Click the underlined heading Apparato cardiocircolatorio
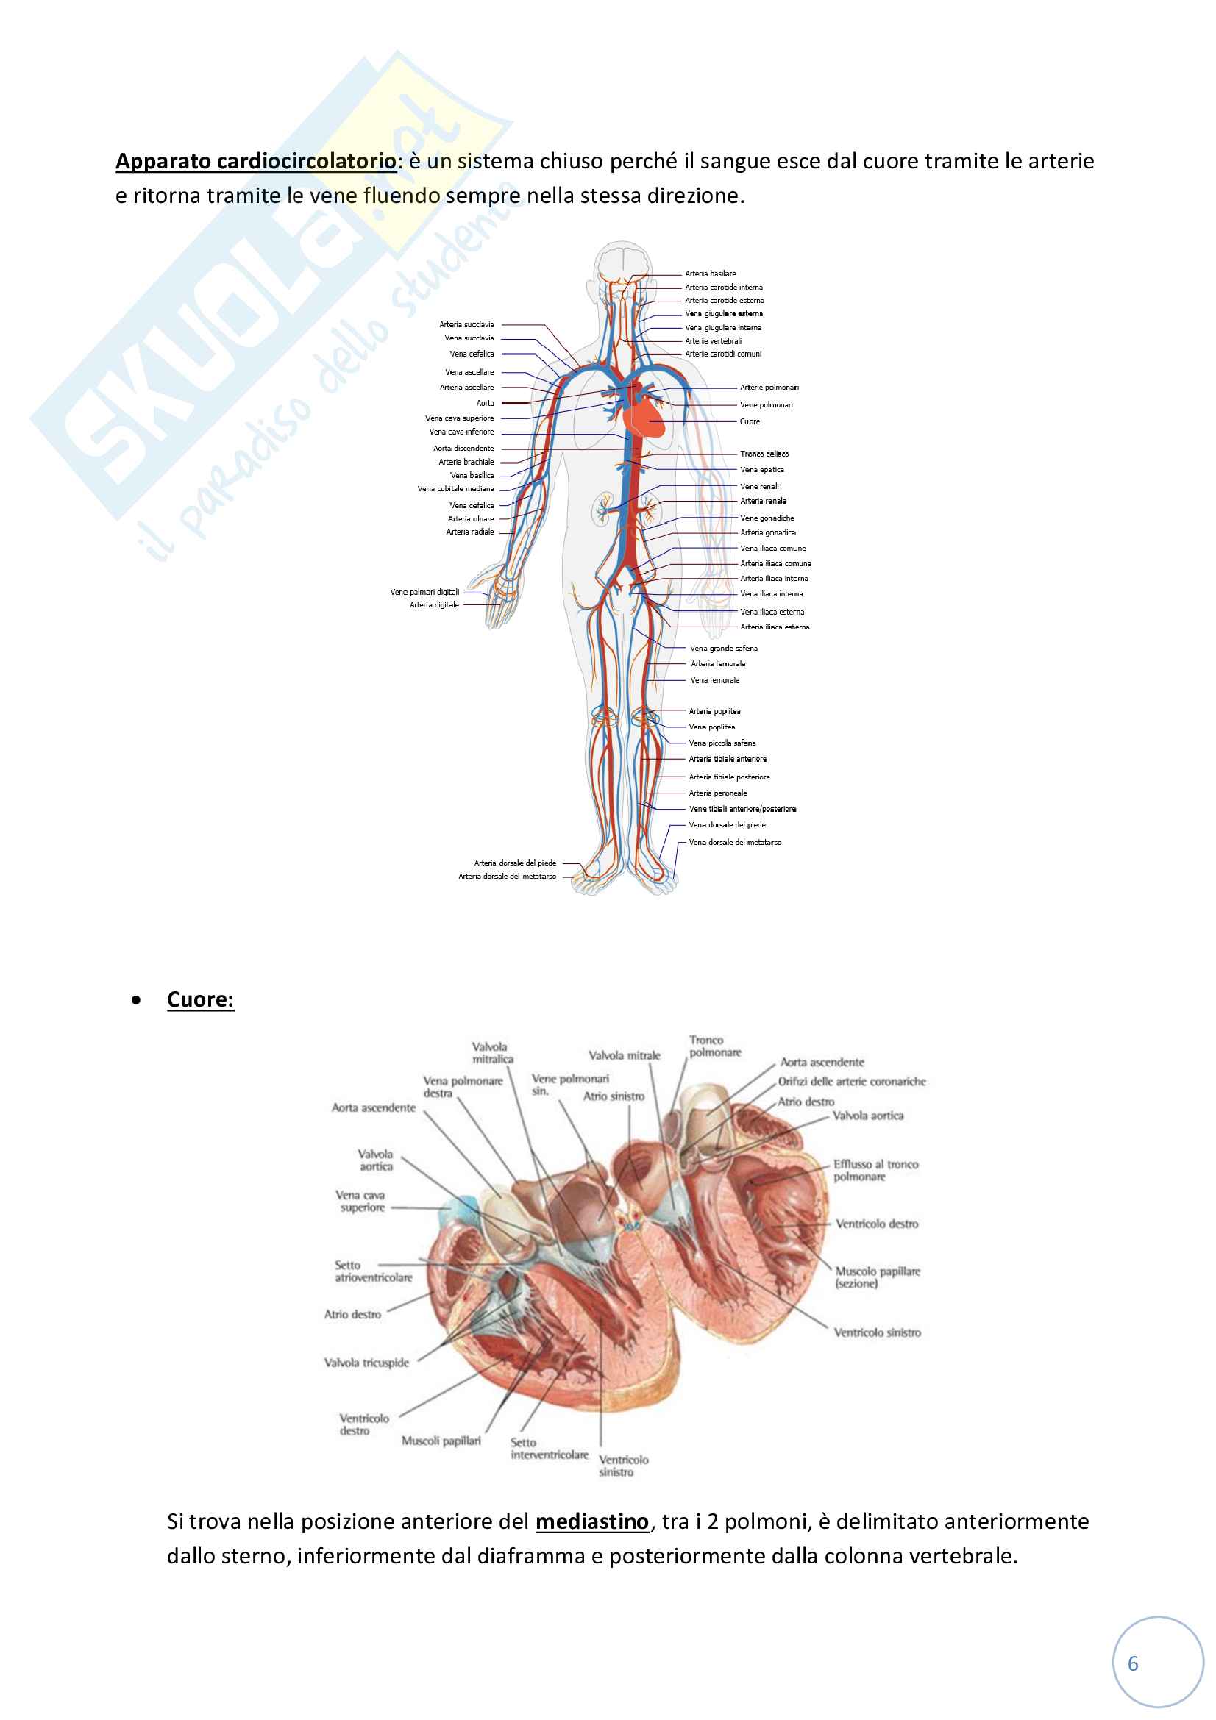(255, 161)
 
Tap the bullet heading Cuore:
(200, 999)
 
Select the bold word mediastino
(592, 1521)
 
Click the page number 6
(1133, 1664)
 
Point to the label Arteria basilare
(711, 274)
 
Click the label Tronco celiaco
(764, 453)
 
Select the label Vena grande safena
(723, 648)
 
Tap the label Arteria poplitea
(714, 711)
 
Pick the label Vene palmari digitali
(424, 592)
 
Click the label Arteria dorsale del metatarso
(508, 876)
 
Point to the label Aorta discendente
(463, 448)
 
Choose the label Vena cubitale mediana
(455, 488)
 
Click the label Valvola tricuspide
(366, 1363)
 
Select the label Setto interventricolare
(550, 1449)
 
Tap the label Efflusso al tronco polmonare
(875, 1170)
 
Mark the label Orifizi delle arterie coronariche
(852, 1081)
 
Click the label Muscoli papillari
(441, 1441)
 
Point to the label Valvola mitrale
(624, 1055)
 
